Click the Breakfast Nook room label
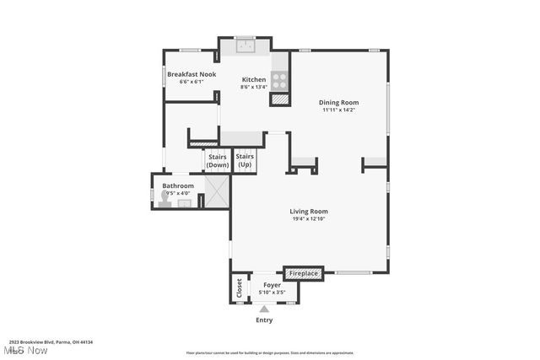point(192,74)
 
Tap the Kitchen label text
point(254,79)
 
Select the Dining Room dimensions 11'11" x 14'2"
point(337,110)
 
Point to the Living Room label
point(310,212)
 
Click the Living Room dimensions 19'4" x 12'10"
point(310,218)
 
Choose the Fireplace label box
point(304,273)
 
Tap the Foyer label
point(272,285)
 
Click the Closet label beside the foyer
point(239,287)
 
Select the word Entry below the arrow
point(264,320)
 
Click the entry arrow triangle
point(264,309)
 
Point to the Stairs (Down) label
point(218,160)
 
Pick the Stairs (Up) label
point(245,160)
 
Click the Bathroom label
point(178,185)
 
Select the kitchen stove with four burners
point(279,80)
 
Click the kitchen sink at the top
point(246,46)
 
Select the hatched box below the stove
point(279,99)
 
